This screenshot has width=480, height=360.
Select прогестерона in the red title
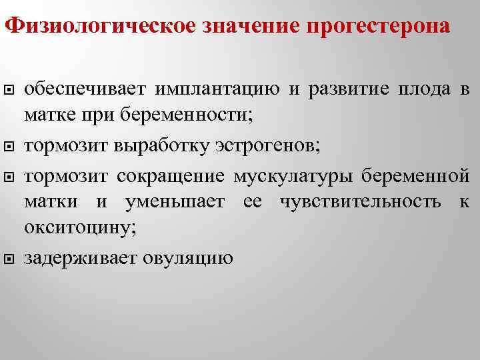click(x=378, y=27)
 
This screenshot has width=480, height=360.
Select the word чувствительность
click(x=361, y=201)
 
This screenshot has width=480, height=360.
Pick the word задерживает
click(x=81, y=257)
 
